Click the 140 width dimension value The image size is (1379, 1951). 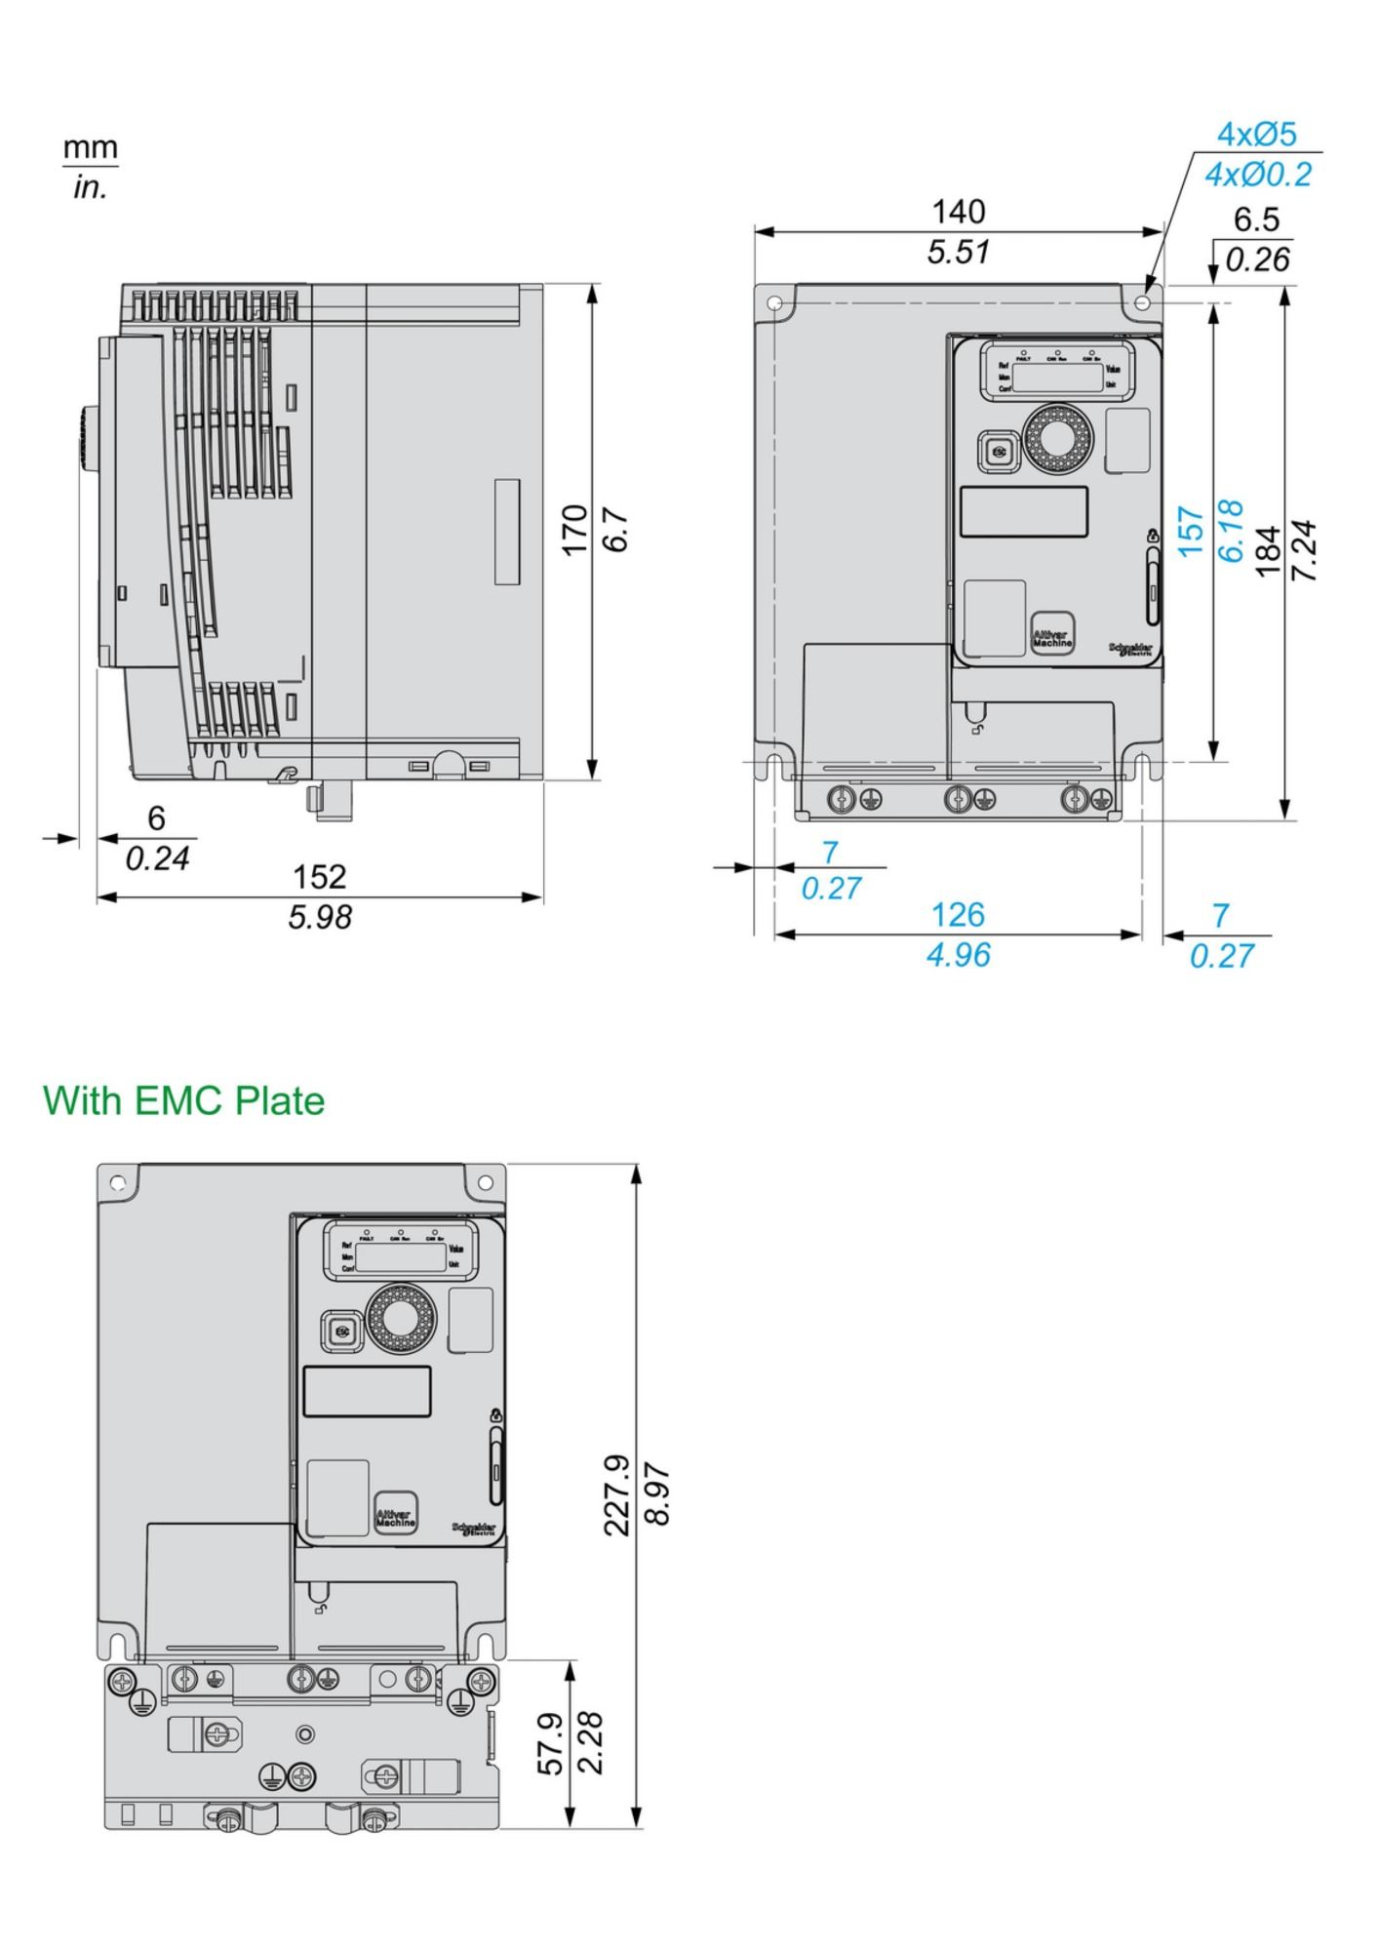click(959, 211)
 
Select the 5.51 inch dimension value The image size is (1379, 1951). click(959, 253)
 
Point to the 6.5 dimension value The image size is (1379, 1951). click(1256, 219)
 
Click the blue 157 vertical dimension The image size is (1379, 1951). click(1191, 531)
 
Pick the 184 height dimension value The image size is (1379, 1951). click(1267, 552)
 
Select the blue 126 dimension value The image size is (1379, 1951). click(958, 914)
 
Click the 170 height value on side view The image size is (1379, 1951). click(575, 530)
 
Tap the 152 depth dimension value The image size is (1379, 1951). click(320, 876)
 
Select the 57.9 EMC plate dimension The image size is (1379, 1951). click(551, 1742)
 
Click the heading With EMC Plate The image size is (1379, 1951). click(183, 1100)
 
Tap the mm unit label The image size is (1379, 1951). click(91, 148)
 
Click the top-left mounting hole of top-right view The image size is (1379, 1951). click(775, 303)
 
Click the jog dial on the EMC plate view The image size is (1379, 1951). click(396, 1319)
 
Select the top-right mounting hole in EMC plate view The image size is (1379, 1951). click(485, 1182)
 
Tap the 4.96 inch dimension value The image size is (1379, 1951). click(958, 955)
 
